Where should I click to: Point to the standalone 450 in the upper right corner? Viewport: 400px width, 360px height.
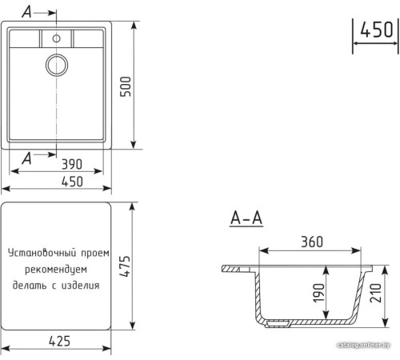click(375, 30)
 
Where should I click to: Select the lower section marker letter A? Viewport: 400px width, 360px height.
click(29, 157)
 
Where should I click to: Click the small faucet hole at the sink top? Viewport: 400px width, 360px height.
click(57, 38)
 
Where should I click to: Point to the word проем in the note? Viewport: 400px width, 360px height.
click(94, 253)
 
